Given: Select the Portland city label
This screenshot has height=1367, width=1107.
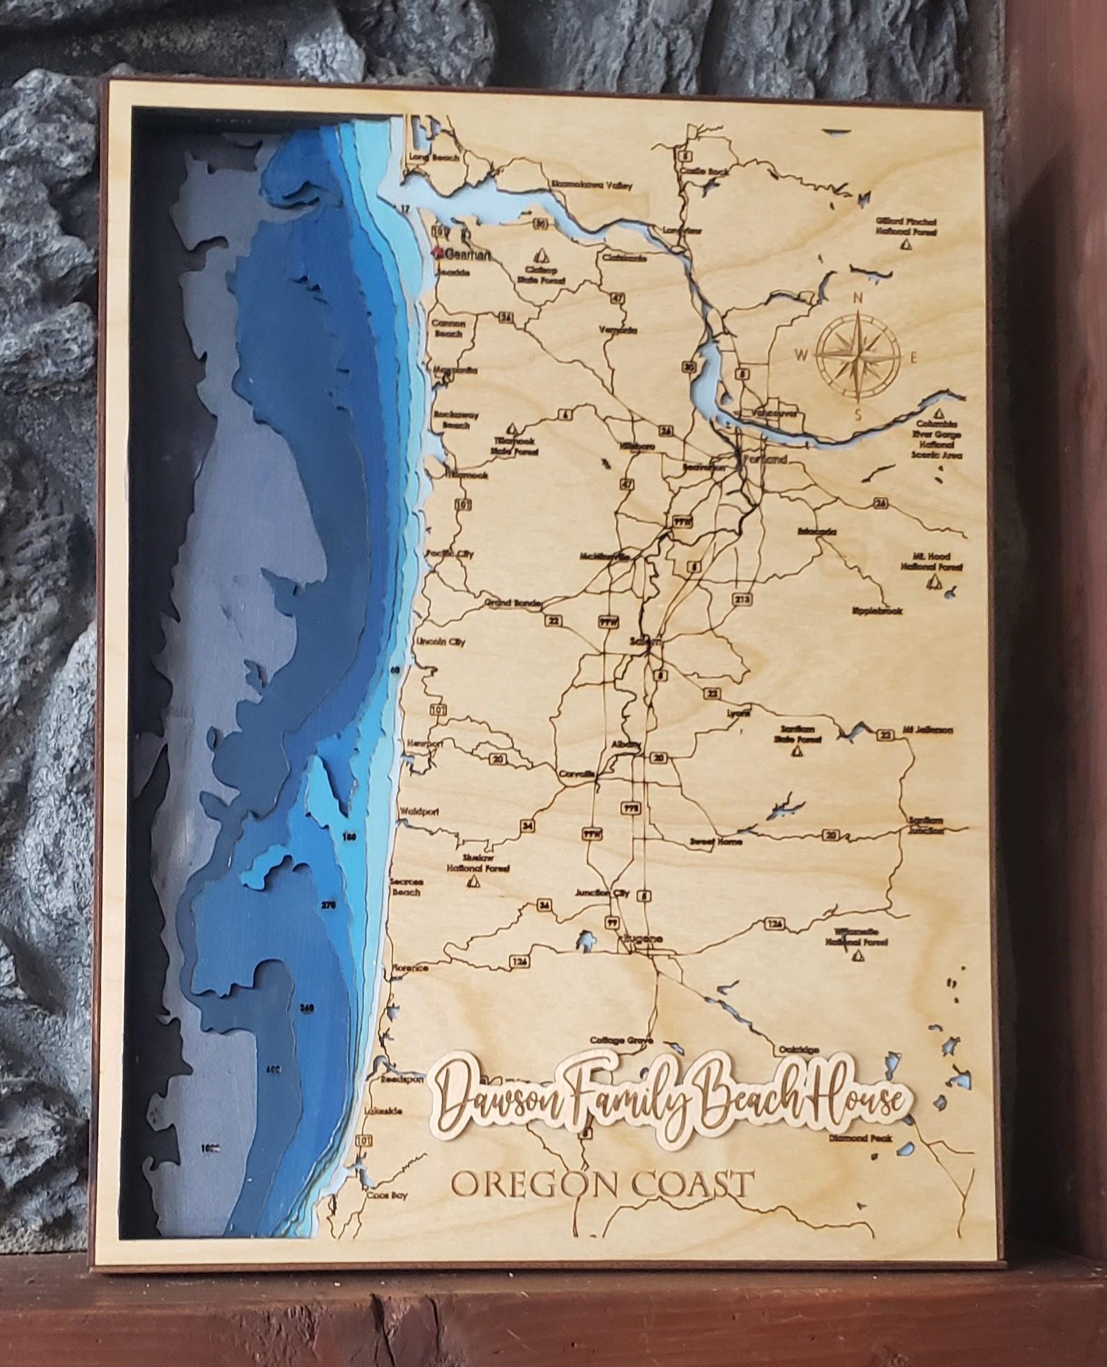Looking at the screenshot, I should (765, 460).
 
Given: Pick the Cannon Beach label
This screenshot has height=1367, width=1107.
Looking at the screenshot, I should (447, 328).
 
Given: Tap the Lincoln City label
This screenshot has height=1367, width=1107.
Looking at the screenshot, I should (440, 642).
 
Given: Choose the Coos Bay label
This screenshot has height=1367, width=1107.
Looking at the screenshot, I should (390, 1193).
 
